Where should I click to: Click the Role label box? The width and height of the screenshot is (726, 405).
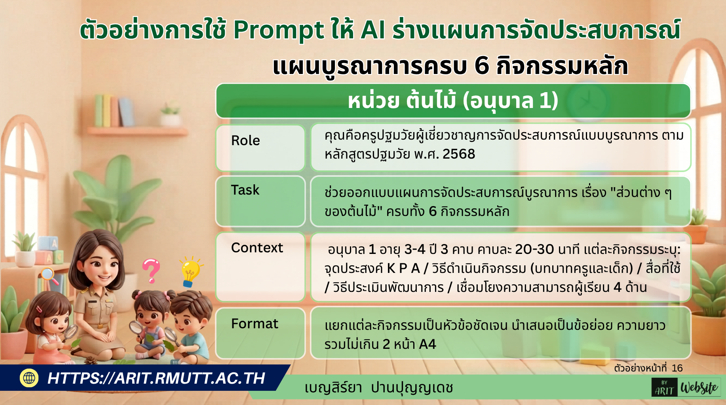tap(260, 148)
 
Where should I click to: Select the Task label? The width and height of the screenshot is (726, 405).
tap(260, 201)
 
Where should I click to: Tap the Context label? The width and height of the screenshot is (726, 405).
tap(260, 267)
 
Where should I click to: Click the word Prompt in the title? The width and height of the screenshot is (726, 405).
tap(278, 30)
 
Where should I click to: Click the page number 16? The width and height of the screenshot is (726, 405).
tap(677, 368)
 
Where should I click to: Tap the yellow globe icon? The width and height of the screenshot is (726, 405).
tap(29, 378)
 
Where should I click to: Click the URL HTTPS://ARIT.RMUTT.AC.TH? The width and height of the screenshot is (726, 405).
tap(156, 378)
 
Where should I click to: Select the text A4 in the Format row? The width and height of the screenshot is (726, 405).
tap(428, 344)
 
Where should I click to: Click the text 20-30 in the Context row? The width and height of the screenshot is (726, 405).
tap(534, 249)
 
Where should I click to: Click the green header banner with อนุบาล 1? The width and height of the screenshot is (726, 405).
tap(453, 100)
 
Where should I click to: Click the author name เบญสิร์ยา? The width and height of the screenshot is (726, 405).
tap(333, 388)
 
